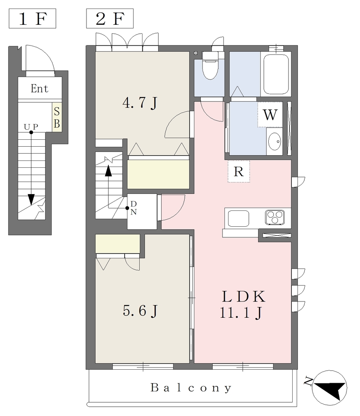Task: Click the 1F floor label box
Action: (x=32, y=19)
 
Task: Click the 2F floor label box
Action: (x=110, y=19)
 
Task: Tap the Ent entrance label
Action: (x=39, y=89)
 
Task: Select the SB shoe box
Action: (x=57, y=117)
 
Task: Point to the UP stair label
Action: (x=31, y=127)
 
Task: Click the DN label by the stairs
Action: (x=134, y=208)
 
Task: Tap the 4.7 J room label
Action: (x=140, y=103)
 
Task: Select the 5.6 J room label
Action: (x=140, y=311)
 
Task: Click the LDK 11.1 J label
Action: (x=243, y=304)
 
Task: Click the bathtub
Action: (x=276, y=74)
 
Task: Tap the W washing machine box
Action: (x=270, y=115)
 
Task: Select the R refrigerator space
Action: (x=239, y=172)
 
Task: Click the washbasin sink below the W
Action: (x=274, y=141)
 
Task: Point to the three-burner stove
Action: (x=275, y=218)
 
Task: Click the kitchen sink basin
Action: (x=239, y=219)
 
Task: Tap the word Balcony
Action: (x=191, y=388)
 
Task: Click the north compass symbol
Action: (x=330, y=388)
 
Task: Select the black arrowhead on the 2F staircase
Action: (x=108, y=171)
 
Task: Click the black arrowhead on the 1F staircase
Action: (x=31, y=199)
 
